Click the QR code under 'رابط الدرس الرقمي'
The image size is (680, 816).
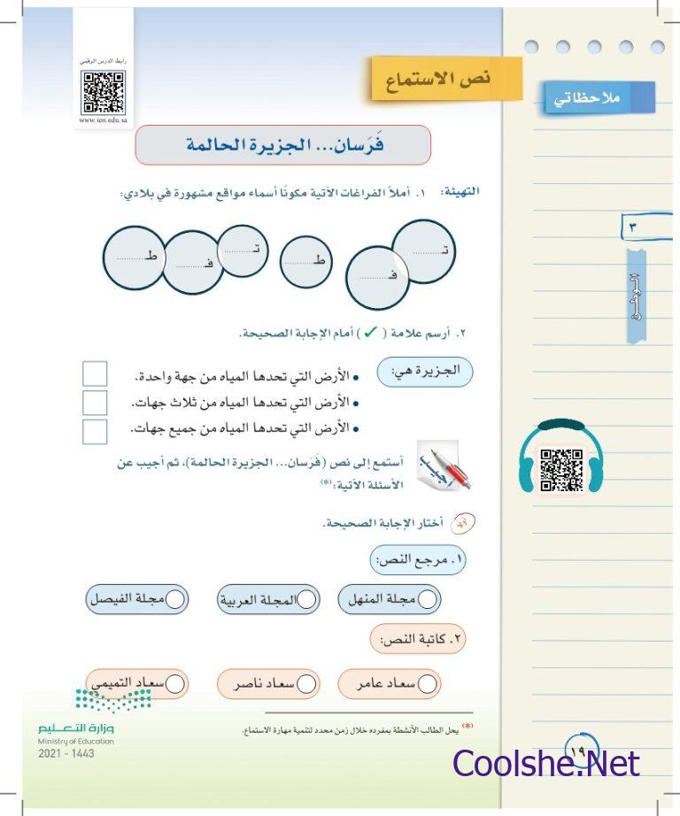[x=104, y=92]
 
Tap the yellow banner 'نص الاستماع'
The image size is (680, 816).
[x=446, y=80]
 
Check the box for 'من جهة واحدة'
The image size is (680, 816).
[x=95, y=374]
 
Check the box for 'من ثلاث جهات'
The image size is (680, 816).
[x=95, y=403]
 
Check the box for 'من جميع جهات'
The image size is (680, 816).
[x=95, y=431]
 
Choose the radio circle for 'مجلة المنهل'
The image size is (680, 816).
[x=428, y=599]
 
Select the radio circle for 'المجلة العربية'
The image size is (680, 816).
[x=307, y=599]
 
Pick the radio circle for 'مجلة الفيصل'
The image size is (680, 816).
[x=175, y=599]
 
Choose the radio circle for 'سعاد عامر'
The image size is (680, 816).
[x=428, y=683]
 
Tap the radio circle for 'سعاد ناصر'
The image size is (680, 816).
[x=307, y=683]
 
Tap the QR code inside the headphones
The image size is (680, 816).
[x=560, y=469]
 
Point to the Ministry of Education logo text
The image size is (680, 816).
[x=76, y=733]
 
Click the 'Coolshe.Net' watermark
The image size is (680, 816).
[x=545, y=764]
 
